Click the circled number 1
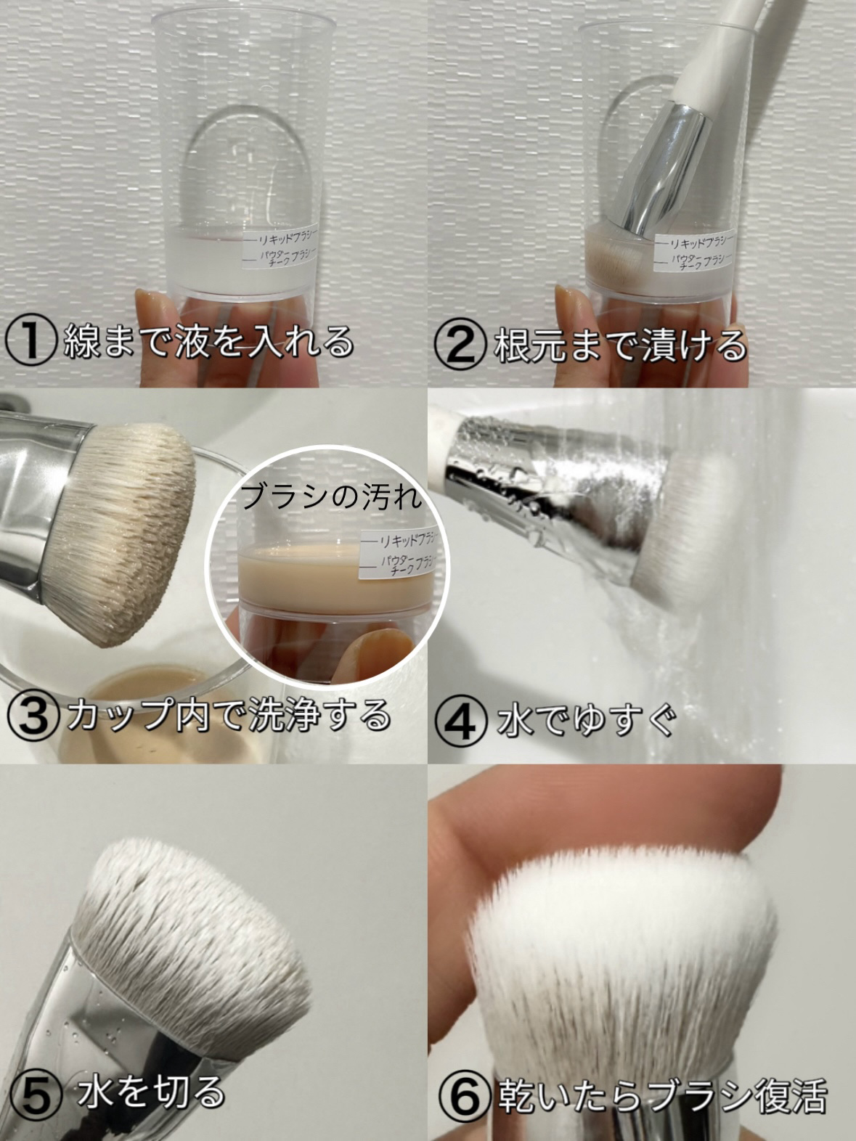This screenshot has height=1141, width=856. point(30,342)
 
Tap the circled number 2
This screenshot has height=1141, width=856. point(460,343)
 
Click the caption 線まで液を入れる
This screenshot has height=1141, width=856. point(208,342)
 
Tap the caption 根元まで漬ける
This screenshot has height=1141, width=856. point(619,343)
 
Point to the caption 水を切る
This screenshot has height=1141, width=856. point(151,1091)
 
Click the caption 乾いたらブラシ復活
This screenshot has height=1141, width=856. point(663,1092)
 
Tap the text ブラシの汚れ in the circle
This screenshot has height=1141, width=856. point(332,497)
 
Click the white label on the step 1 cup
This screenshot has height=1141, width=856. point(279,248)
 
